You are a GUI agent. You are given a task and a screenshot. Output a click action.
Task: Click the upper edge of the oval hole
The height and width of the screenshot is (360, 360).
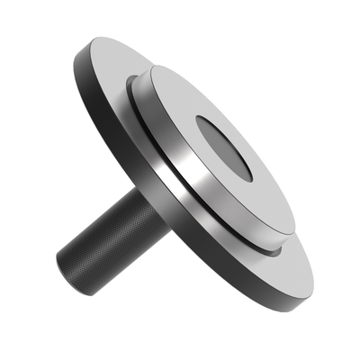tap(216, 119)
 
